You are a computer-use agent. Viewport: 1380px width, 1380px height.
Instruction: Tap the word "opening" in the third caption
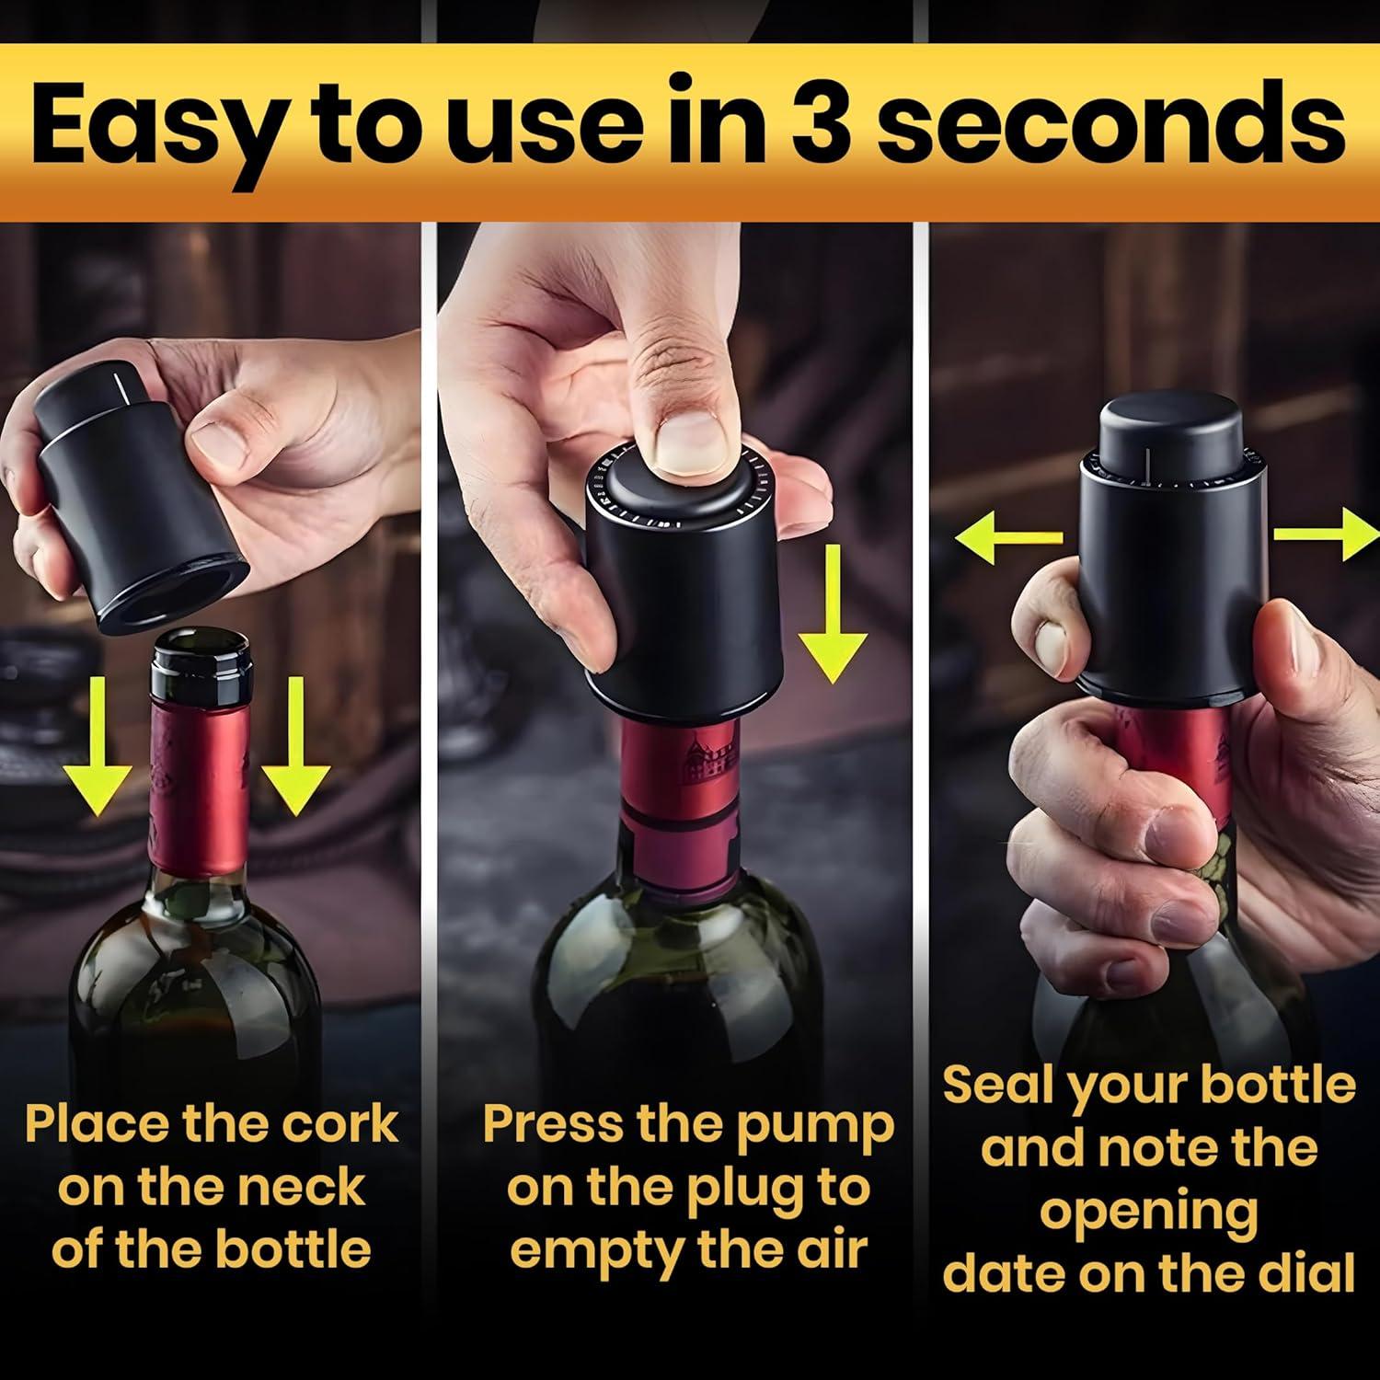click(1148, 1213)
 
